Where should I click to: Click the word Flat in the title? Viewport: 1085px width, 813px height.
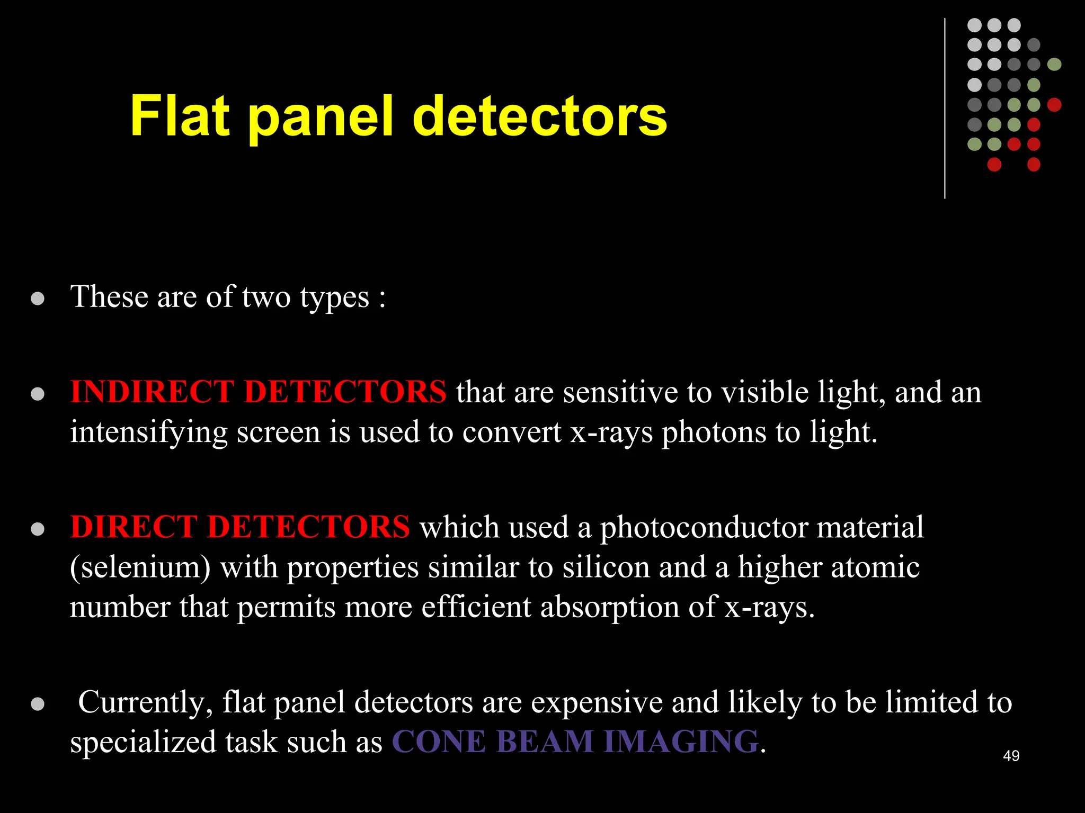(180, 115)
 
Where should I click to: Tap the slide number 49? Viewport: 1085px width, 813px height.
(1011, 756)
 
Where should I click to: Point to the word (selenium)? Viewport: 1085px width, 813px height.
(140, 567)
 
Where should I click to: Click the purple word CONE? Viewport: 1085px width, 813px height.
(439, 742)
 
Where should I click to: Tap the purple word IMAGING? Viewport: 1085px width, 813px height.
(681, 742)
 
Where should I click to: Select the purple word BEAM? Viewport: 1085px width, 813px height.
(545, 742)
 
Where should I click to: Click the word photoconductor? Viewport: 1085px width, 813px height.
(704, 528)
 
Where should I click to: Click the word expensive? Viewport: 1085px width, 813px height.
(597, 703)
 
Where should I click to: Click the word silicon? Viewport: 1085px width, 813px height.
(606, 567)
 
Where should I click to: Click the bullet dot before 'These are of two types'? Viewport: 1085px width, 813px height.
(38, 299)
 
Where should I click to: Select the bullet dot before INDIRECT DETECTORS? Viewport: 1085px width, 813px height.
(38, 394)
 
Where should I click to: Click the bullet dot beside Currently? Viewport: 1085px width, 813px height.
(38, 704)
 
